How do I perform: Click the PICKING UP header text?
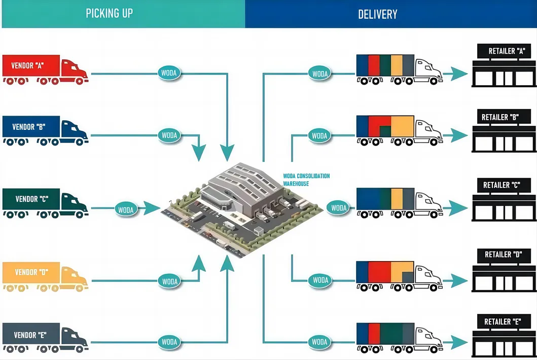coord(109,13)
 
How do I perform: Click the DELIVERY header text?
coord(377,14)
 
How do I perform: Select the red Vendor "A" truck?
coord(45,69)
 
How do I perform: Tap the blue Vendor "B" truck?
coord(45,130)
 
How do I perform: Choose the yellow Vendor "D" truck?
coord(45,276)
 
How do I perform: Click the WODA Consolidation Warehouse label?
coord(306,179)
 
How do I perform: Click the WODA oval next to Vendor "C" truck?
coord(126,208)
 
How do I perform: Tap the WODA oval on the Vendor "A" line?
coord(169,73)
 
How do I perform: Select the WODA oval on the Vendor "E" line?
coord(169,342)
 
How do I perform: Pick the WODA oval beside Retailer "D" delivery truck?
coord(320,280)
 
